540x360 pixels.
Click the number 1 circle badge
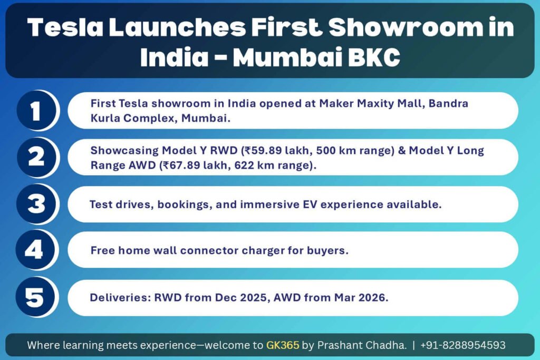click(36, 111)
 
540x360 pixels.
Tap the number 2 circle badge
click(36, 157)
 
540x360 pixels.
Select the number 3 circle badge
click(36, 204)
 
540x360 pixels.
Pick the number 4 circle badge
click(35, 250)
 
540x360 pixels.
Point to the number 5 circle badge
click(35, 297)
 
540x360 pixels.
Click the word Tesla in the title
click(65, 27)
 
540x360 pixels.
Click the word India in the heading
click(174, 56)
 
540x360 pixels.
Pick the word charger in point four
click(263, 250)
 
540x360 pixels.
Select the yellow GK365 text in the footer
click(283, 345)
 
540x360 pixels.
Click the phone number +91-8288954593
click(463, 345)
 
